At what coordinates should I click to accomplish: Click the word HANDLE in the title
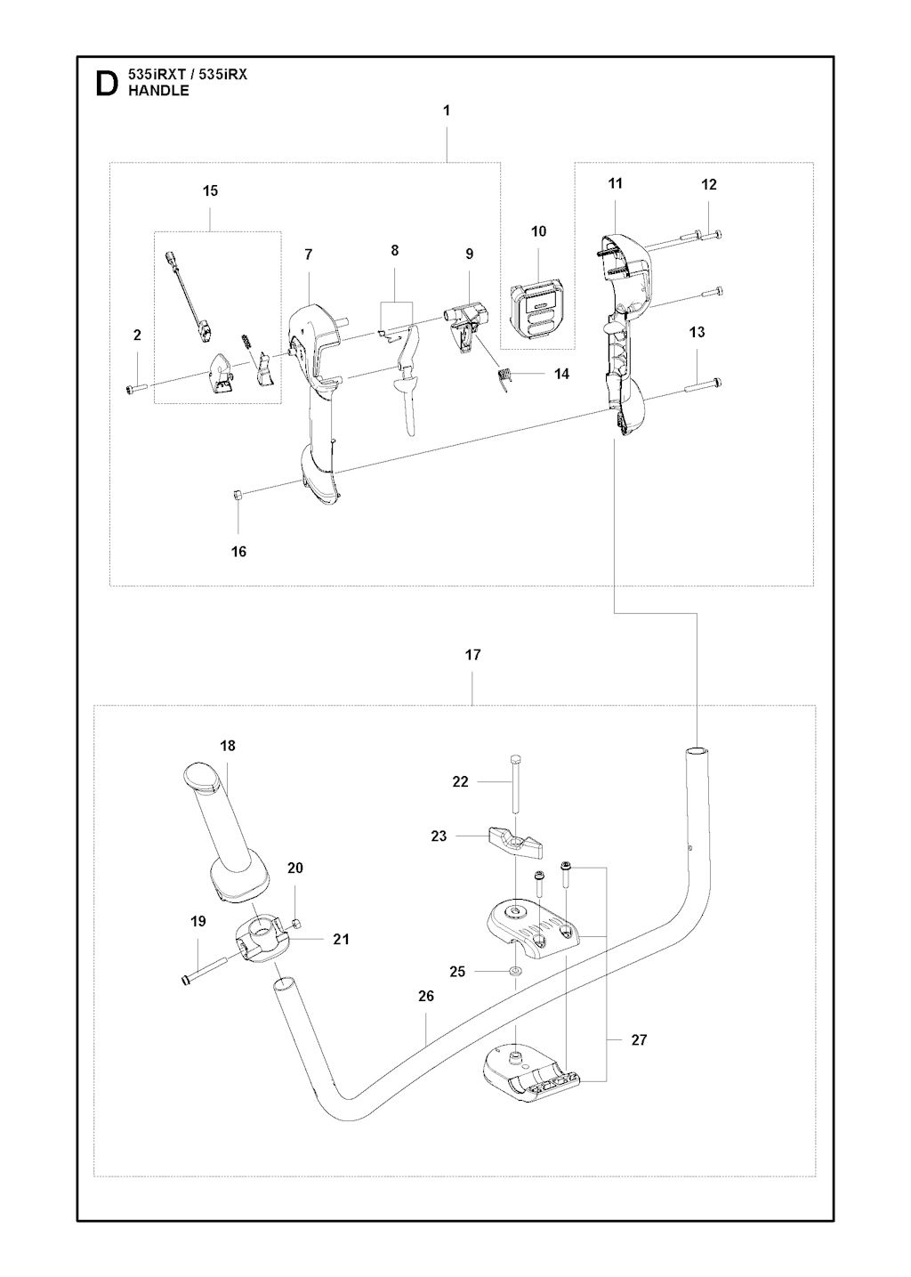(x=159, y=91)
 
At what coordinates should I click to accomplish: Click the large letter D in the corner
(x=106, y=84)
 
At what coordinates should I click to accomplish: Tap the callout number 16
(x=238, y=552)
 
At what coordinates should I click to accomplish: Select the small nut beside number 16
(x=238, y=496)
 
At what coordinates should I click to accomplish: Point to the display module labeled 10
(x=536, y=307)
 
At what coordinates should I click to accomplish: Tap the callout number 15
(x=210, y=190)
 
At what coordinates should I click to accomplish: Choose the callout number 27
(x=639, y=1039)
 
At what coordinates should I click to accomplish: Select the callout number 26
(x=426, y=996)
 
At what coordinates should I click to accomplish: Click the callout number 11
(x=616, y=183)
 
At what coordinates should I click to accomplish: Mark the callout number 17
(x=472, y=655)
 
